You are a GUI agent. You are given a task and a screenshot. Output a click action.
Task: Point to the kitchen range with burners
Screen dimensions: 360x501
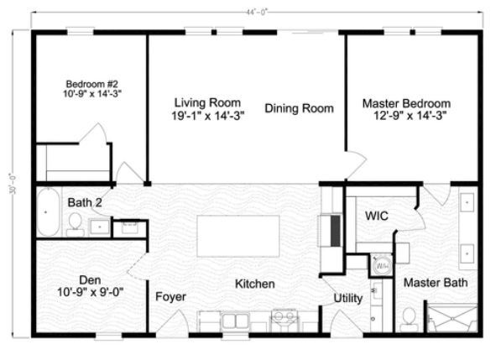(x=284, y=319)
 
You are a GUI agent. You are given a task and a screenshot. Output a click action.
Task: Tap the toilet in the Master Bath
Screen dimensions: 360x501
(x=410, y=316)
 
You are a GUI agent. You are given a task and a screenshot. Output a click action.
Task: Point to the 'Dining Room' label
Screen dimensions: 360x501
(x=300, y=108)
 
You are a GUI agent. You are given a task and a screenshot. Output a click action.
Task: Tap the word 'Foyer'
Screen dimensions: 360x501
(x=171, y=297)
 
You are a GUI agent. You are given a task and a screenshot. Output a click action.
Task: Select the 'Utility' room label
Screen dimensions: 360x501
(x=348, y=297)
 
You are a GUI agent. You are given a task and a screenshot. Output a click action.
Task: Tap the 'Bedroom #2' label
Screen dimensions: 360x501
(x=92, y=84)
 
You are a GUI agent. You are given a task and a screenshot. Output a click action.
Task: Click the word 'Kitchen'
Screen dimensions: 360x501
(x=254, y=284)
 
